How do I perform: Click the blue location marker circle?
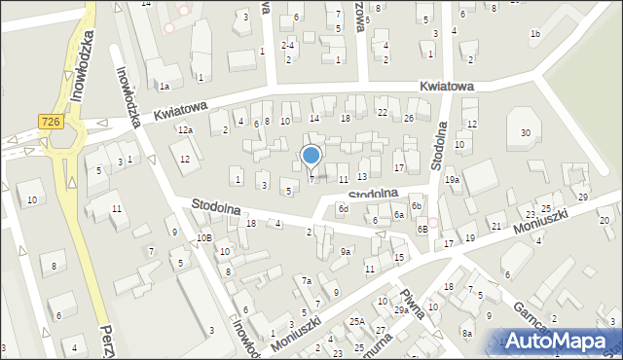[x=311, y=155]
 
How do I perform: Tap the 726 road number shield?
[x=53, y=121]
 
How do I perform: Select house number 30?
[x=526, y=132]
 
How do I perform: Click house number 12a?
[x=185, y=130]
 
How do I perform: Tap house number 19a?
[x=453, y=180]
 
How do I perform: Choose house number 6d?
[x=343, y=209]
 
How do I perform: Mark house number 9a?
[x=346, y=252]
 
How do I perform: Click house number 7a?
[x=306, y=281]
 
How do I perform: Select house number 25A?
[x=357, y=322]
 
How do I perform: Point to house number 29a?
[x=401, y=309]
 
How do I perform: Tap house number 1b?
[x=535, y=34]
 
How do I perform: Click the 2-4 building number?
[x=288, y=45]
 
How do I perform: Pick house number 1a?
[x=165, y=87]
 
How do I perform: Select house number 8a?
[x=467, y=334]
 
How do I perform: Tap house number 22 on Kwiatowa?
[x=383, y=113]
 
